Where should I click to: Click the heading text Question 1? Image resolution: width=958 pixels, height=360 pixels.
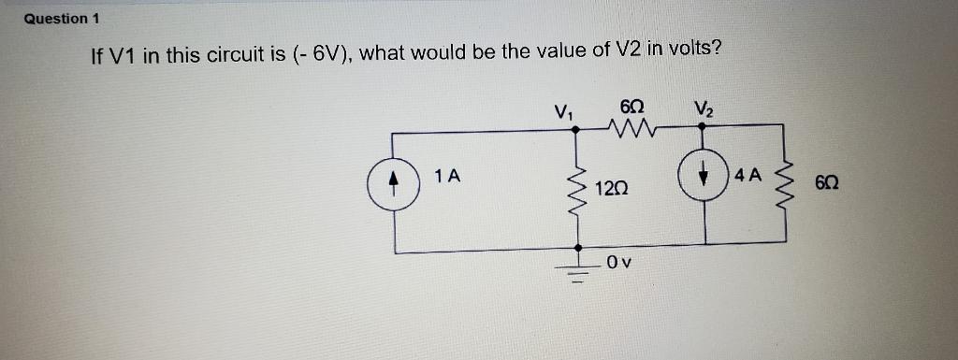pos(62,19)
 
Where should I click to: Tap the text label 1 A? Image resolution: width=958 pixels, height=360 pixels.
pos(446,175)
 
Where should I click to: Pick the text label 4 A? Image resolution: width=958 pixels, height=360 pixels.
pos(749,175)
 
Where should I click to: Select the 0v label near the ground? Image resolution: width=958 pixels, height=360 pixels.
pos(618,263)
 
